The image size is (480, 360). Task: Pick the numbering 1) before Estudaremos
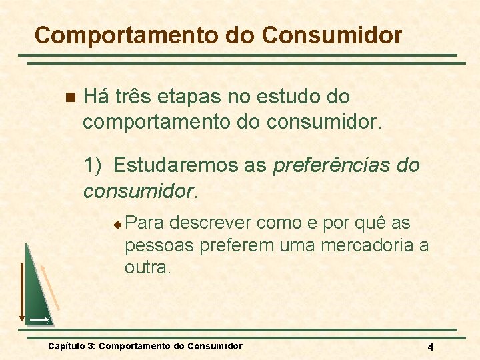coord(93,165)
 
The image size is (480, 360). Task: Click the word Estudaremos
coord(190,165)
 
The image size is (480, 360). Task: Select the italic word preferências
coord(323,166)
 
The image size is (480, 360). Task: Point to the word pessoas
coord(157,245)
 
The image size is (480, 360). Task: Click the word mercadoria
coord(367,245)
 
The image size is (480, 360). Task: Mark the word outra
coord(147,268)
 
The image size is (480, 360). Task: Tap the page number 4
coord(431,347)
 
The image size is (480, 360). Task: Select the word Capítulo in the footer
coord(67,346)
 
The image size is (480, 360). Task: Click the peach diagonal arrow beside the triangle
coord(51,287)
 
